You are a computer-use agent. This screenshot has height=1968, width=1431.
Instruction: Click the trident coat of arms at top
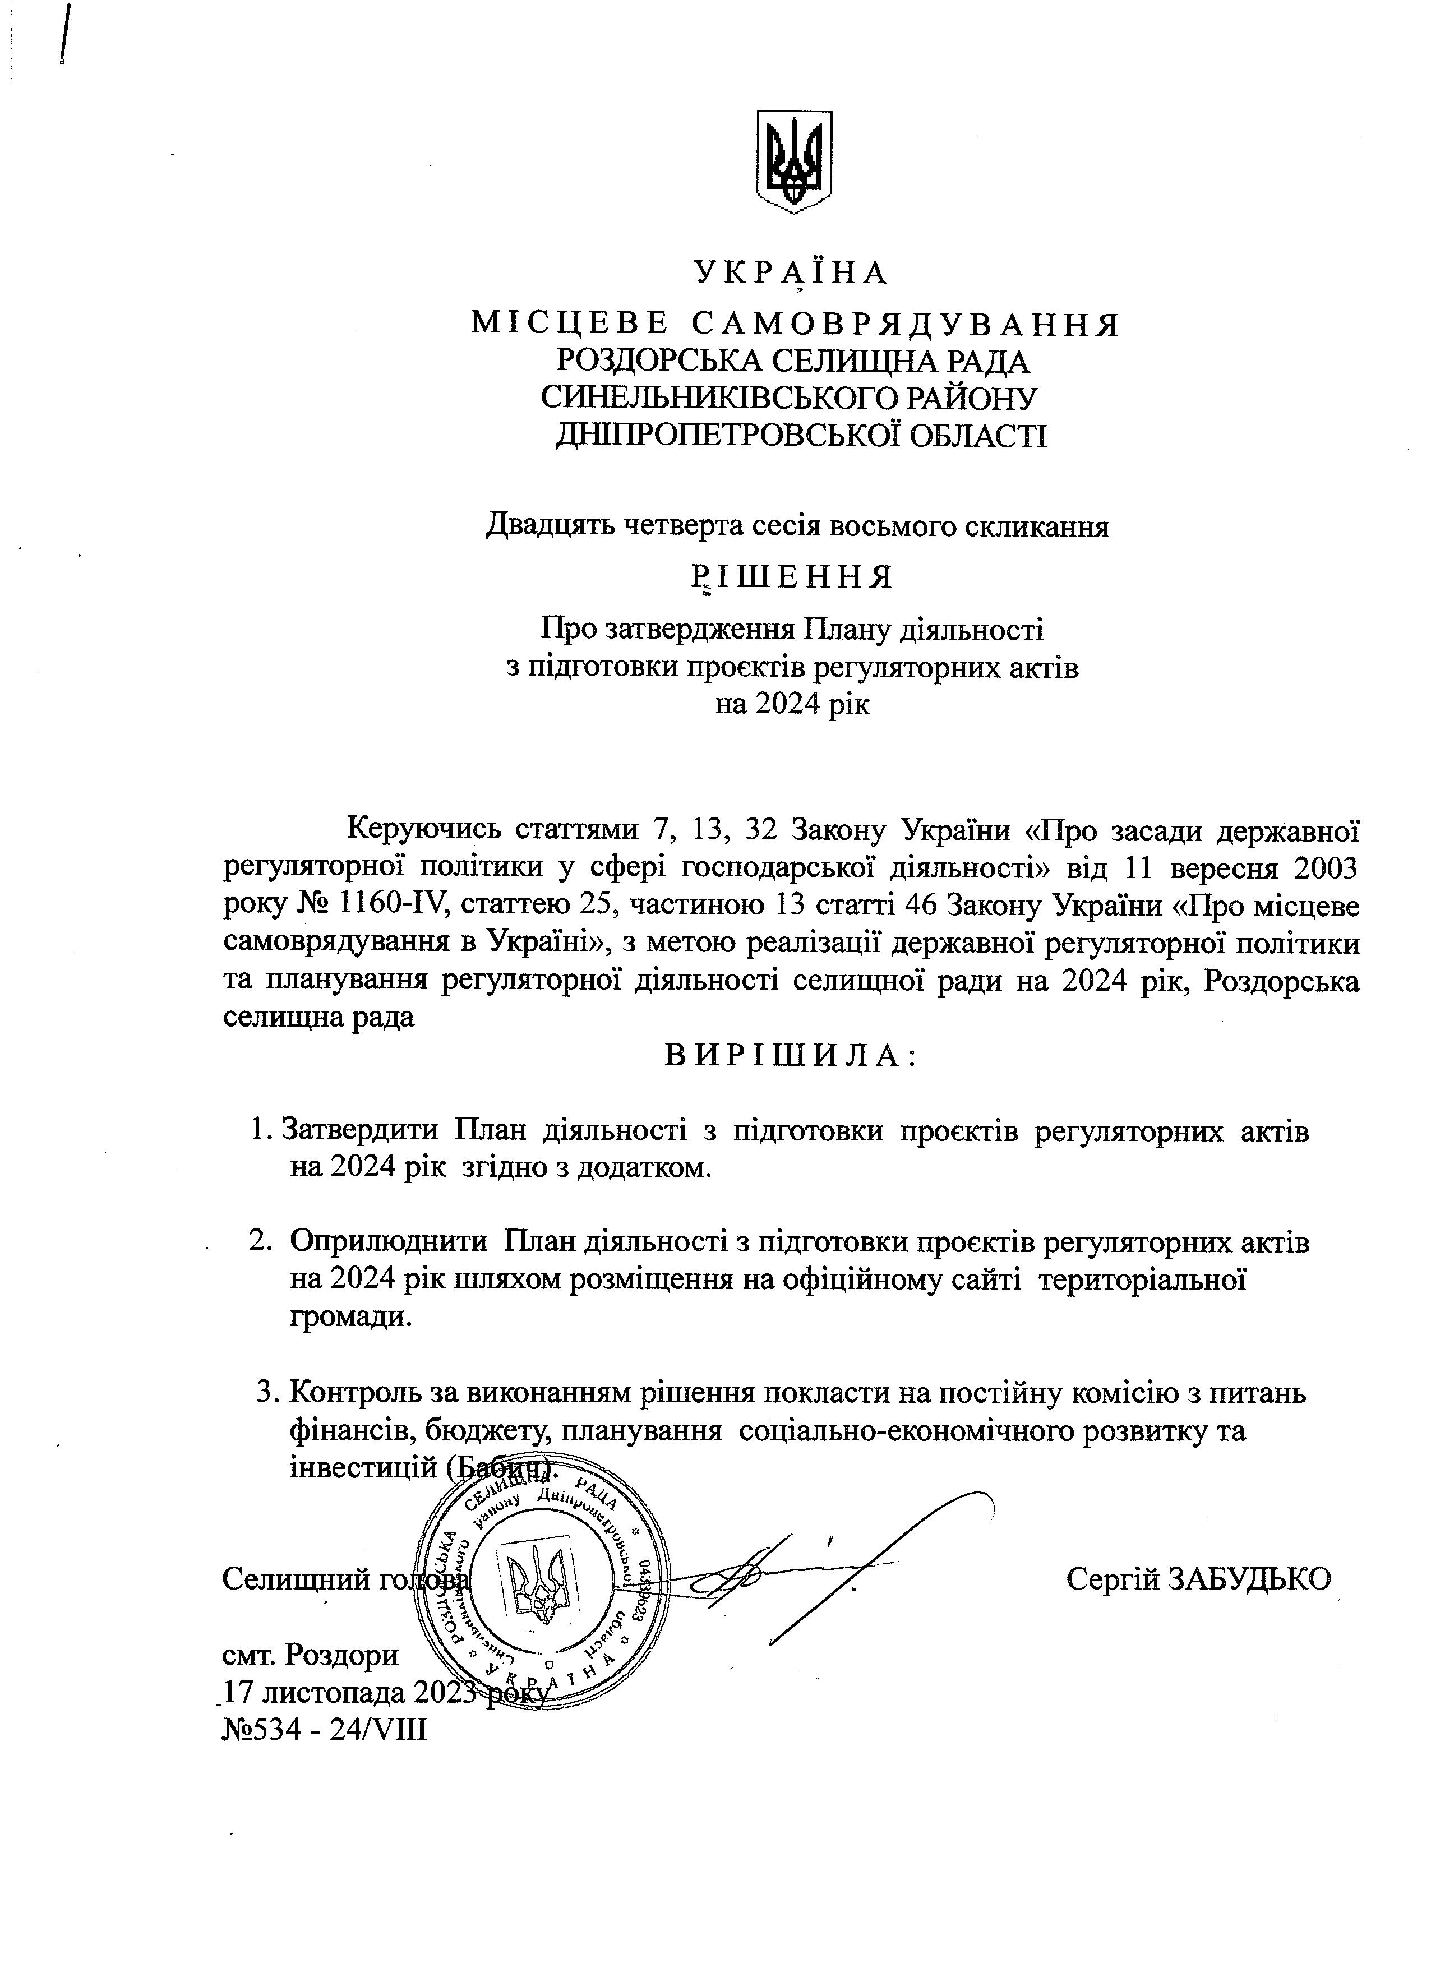click(x=794, y=161)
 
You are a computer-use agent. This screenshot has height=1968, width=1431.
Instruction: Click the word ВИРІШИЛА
click(x=791, y=1055)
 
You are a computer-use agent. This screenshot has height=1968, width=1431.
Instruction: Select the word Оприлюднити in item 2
click(x=388, y=1242)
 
